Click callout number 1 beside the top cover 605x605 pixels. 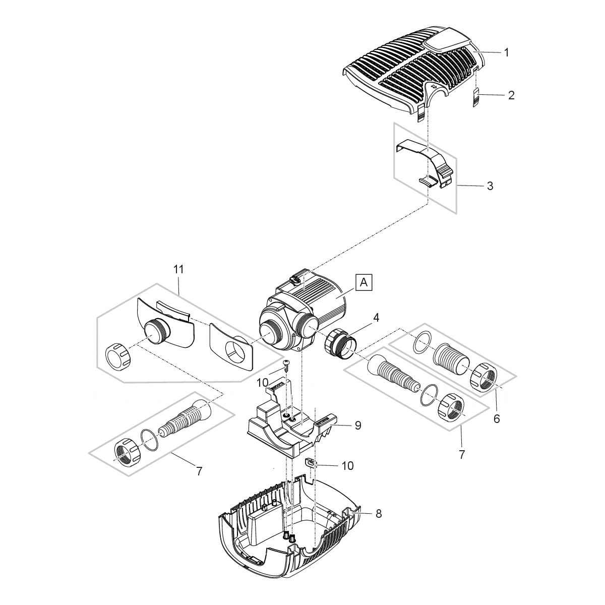(x=507, y=52)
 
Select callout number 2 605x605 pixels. (x=511, y=95)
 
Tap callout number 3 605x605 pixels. (x=490, y=186)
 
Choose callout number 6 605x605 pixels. (x=497, y=418)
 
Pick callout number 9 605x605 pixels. (x=357, y=425)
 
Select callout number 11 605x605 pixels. (x=178, y=269)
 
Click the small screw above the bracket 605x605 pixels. (x=286, y=365)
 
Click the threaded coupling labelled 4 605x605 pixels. (x=341, y=343)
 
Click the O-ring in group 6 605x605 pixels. (x=421, y=342)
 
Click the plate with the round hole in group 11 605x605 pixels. (x=231, y=346)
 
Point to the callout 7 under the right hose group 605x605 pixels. (x=462, y=454)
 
